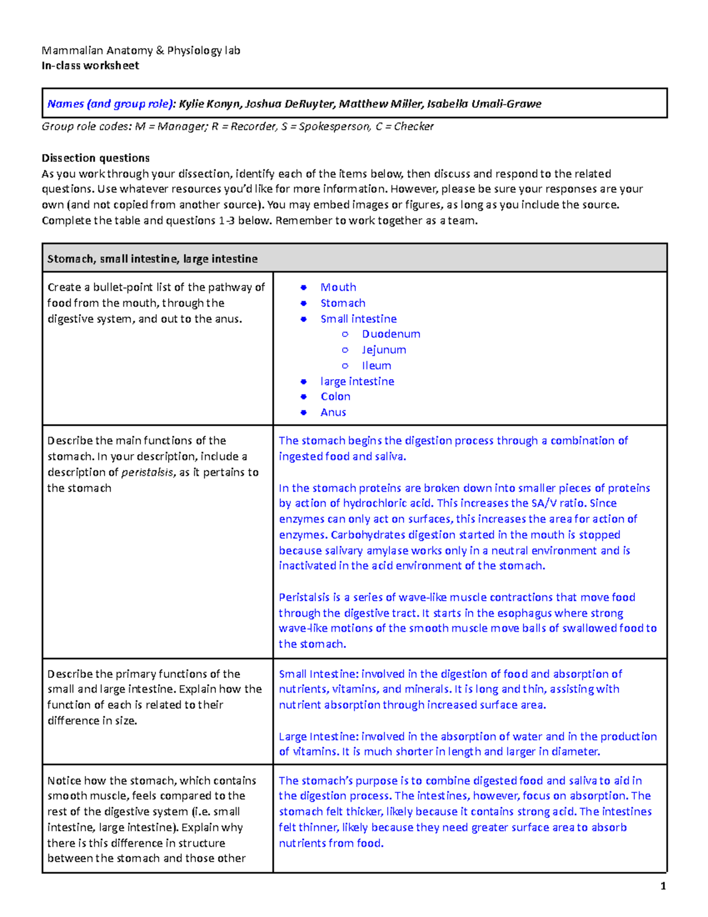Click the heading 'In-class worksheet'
tap(90, 66)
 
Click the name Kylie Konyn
tap(209, 104)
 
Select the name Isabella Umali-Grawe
tap(484, 104)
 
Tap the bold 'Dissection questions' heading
tap(95, 158)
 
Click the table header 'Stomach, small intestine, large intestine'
tap(152, 259)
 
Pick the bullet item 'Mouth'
tap(338, 287)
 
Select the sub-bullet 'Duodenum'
tap(391, 334)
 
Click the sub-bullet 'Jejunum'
tap(383, 350)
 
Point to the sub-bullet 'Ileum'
tap(376, 366)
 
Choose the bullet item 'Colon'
tap(335, 396)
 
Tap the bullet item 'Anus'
tap(333, 412)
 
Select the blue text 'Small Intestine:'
tap(318, 674)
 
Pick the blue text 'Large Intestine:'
tap(318, 736)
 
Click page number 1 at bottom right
tap(663, 886)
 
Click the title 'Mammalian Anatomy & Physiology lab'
tap(140, 50)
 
